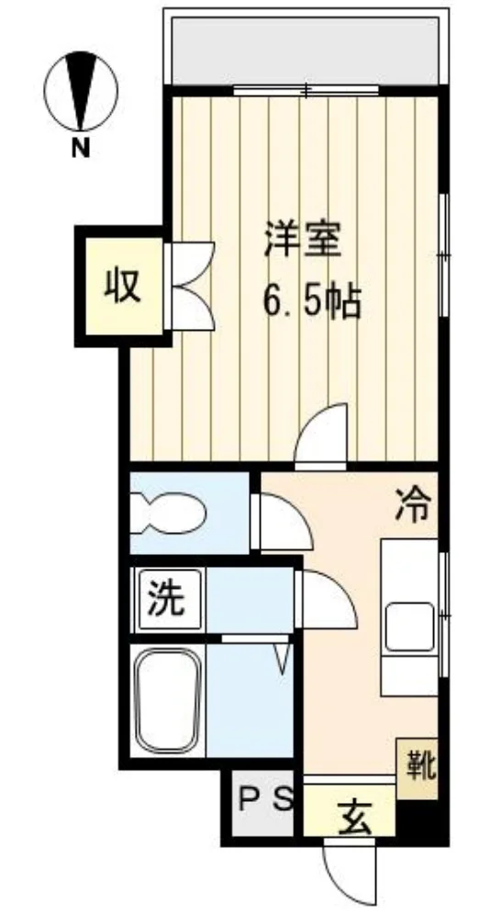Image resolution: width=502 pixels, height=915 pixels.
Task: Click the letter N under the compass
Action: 81,149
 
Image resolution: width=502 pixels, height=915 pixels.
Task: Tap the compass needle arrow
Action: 81,90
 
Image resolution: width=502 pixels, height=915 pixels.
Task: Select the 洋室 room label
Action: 301,239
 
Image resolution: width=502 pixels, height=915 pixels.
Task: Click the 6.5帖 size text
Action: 312,301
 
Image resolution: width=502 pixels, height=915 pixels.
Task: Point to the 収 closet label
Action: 123,287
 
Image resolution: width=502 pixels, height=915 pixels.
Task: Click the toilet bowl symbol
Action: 168,514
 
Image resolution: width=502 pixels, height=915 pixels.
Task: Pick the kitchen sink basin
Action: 409,627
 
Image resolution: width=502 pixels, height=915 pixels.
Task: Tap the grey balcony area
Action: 306,51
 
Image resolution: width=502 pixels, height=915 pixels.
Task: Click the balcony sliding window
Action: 306,90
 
